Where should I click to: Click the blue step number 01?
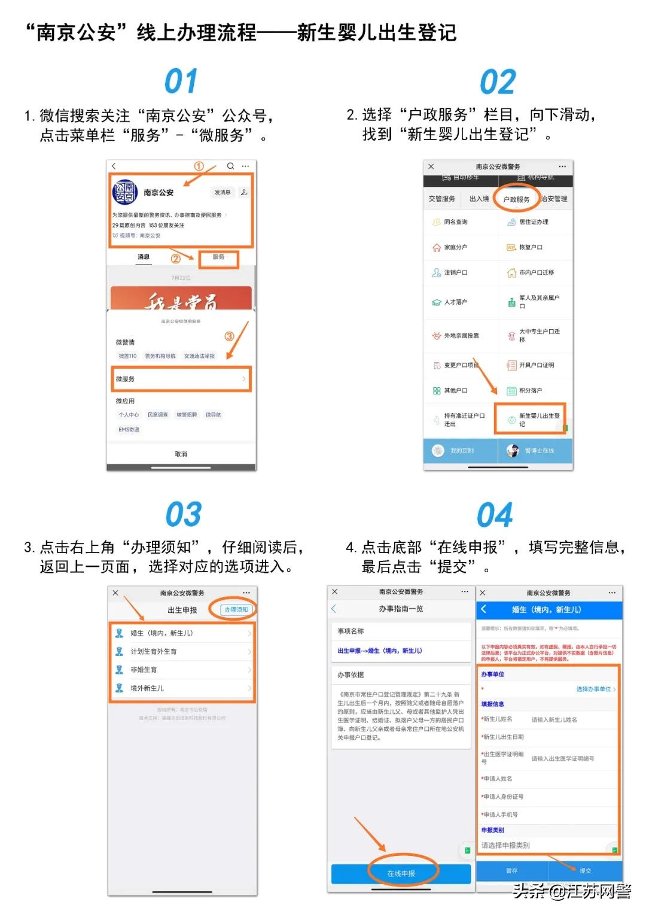[x=181, y=82]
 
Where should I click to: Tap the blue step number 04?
[x=495, y=515]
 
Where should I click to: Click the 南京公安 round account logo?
[x=126, y=192]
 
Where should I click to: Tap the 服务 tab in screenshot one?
[x=218, y=257]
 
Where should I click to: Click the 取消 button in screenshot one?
[x=181, y=454]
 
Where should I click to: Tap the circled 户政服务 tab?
[x=516, y=199]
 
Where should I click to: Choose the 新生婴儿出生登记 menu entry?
[x=531, y=419]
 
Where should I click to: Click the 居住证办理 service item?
[x=533, y=222]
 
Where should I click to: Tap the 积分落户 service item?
[x=530, y=391]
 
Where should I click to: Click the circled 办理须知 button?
[x=236, y=609]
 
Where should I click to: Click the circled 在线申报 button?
[x=401, y=873]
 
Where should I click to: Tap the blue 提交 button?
[x=585, y=871]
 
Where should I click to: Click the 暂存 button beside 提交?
[x=512, y=871]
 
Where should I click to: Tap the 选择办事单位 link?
[x=595, y=690]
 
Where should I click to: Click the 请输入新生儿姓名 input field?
[x=554, y=720]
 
